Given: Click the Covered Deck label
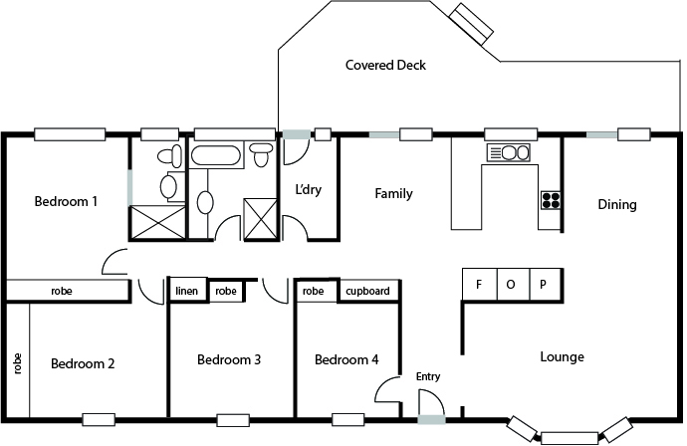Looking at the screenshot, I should coord(385,66).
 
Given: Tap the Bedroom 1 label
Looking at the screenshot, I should coord(66,202).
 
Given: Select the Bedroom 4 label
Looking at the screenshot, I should coord(345,359).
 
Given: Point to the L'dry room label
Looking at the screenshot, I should coord(306,189).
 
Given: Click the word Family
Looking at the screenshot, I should coord(393,194).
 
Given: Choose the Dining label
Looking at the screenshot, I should coord(616,205).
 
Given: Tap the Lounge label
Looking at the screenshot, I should coord(562,357).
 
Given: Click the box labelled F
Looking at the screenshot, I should coord(479,284).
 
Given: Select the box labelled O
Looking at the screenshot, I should coord(512,284).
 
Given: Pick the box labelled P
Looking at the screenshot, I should coord(544,284).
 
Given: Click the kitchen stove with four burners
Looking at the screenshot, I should coord(551,199).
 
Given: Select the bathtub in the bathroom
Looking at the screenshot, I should coord(215,155).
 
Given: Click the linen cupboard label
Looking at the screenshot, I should coord(187,292).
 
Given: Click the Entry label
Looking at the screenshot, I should coord(428,377).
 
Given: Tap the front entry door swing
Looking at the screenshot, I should coord(430,402).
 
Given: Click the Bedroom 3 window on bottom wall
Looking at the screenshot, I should coord(232,419).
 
